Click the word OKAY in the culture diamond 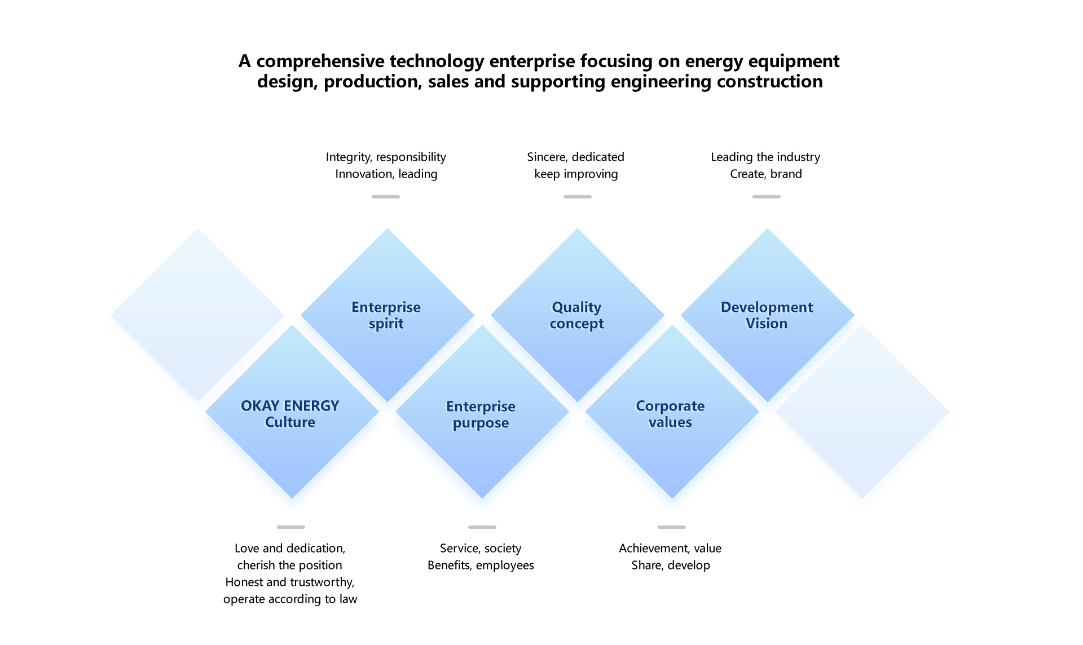[x=260, y=406]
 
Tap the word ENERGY [x=311, y=406]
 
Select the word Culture [x=290, y=422]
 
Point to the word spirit [x=386, y=324]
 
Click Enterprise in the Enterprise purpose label [x=481, y=407]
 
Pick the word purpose [x=481, y=423]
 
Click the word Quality [x=576, y=307]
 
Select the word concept [x=576, y=324]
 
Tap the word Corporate [x=670, y=406]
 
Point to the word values [x=670, y=422]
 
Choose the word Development [x=767, y=307]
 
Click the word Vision [x=767, y=324]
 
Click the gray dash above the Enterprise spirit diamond [x=386, y=197]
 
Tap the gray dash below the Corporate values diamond [x=672, y=527]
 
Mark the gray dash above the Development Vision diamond [x=767, y=197]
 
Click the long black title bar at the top [x=539, y=72]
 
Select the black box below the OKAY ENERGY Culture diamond [x=290, y=575]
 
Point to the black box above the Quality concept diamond [x=575, y=166]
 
